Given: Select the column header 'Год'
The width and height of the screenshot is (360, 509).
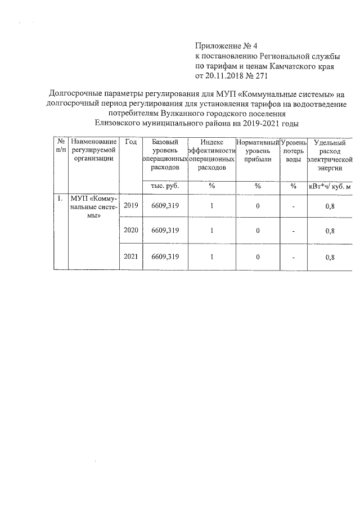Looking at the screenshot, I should [x=130, y=142].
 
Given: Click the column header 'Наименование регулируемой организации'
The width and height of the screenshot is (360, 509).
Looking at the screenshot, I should [x=94, y=150].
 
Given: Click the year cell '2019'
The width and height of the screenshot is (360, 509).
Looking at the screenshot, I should [x=130, y=206].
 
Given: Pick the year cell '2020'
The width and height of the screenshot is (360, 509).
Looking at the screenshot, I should [x=130, y=231].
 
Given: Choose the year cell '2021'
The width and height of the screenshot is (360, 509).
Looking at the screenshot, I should [x=130, y=256].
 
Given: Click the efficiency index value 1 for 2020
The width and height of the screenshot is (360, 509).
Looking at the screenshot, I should [x=211, y=231].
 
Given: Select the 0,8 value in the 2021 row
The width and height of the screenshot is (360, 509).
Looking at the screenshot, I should [x=330, y=257].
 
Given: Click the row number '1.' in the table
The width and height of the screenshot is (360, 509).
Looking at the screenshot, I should [x=59, y=198].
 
